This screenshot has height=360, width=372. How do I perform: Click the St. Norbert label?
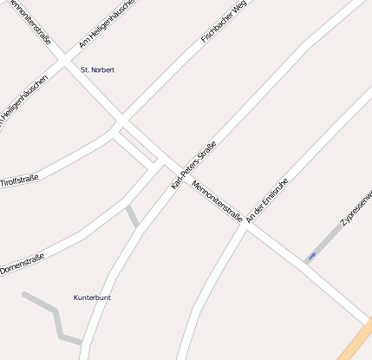pos(97,69)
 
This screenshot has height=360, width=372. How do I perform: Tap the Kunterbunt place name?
pos(92,298)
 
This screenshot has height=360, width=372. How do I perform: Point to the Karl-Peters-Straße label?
pos(193,167)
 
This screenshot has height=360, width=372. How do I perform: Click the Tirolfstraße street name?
pos(19,180)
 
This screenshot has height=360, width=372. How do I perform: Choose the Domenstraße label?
pos(22,259)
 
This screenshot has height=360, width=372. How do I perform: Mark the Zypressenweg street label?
pos(356,207)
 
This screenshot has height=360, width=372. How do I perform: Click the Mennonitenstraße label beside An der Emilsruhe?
pos(217,201)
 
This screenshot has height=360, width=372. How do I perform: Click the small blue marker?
pos(311,256)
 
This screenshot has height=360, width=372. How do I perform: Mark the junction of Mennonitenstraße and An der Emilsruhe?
pos(246,228)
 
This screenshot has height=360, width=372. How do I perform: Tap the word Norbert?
pos(102,69)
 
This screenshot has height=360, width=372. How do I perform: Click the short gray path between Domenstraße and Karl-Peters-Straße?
pos(132,216)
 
